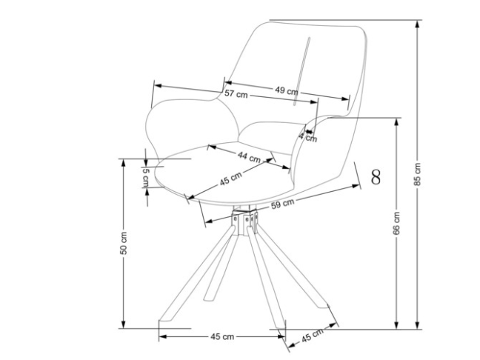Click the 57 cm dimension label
(x=236, y=94)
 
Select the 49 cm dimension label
(x=287, y=90)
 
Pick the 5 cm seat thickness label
(x=146, y=178)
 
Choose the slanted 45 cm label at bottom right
(x=312, y=336)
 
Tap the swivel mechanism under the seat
(x=245, y=222)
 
